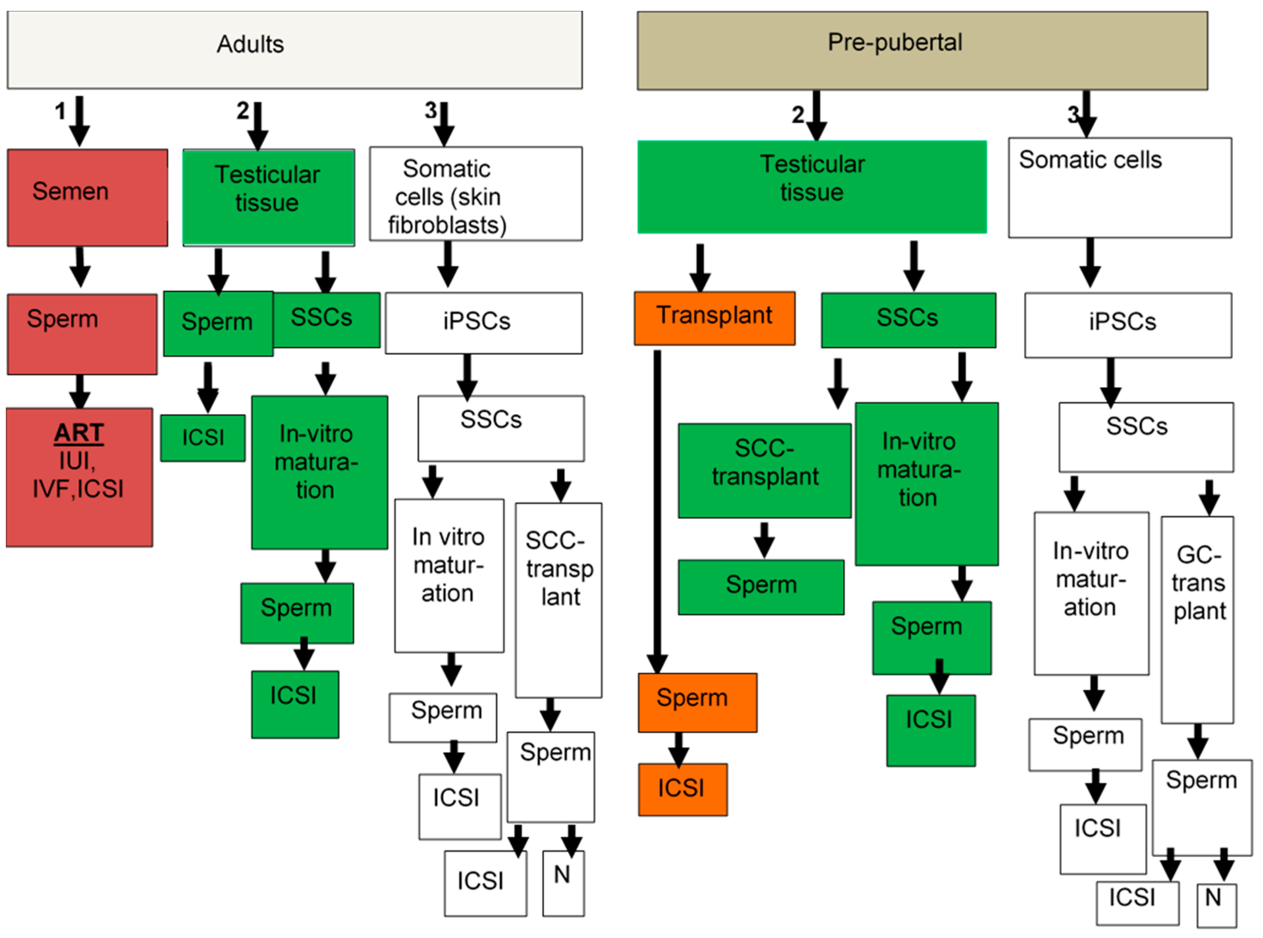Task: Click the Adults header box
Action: [295, 50]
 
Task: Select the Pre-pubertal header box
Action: [922, 51]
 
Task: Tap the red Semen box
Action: [88, 198]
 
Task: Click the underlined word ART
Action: [79, 433]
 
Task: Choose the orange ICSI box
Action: [683, 790]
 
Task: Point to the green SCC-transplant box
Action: [765, 471]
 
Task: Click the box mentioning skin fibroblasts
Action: [476, 194]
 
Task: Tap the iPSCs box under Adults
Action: [483, 323]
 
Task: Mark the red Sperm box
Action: [82, 334]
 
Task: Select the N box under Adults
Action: [564, 883]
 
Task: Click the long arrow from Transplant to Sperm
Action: [658, 512]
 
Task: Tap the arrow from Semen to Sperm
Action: [80, 267]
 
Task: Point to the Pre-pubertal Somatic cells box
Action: [1120, 188]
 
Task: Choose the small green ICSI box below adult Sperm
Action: [203, 438]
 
